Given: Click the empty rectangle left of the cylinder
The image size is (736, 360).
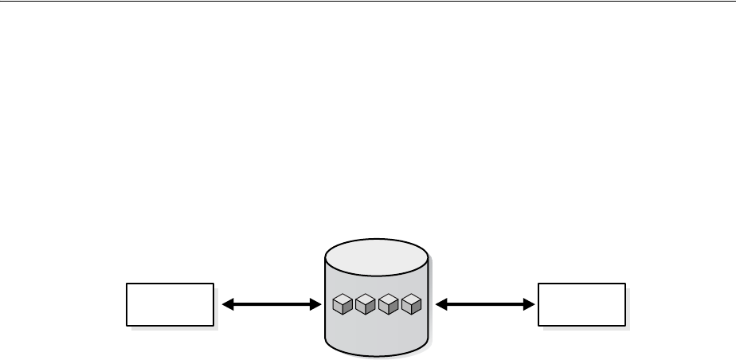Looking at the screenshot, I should point(170,303).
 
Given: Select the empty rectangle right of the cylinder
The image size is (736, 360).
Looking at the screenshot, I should point(581,303).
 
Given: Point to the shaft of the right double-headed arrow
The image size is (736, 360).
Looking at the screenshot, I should point(484,303).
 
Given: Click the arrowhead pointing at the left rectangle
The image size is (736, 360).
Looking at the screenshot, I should point(227,303).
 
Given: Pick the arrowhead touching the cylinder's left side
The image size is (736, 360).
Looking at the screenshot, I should point(314,303).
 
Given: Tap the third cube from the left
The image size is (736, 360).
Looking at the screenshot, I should point(388,303).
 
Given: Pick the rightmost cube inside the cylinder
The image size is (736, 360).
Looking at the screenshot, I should point(411,303).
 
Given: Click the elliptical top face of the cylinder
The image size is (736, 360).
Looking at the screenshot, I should point(377,255).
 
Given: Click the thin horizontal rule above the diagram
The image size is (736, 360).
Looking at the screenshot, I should point(368,2).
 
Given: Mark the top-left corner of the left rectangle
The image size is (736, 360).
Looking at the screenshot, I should point(127,283).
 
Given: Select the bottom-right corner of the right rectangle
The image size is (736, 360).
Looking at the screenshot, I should point(625,325).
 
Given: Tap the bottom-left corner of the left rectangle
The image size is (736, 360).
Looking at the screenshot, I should point(127,325).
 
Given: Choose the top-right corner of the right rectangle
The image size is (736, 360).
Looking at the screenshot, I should point(625,283).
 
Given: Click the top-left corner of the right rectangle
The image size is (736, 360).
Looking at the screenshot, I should point(538,283).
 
